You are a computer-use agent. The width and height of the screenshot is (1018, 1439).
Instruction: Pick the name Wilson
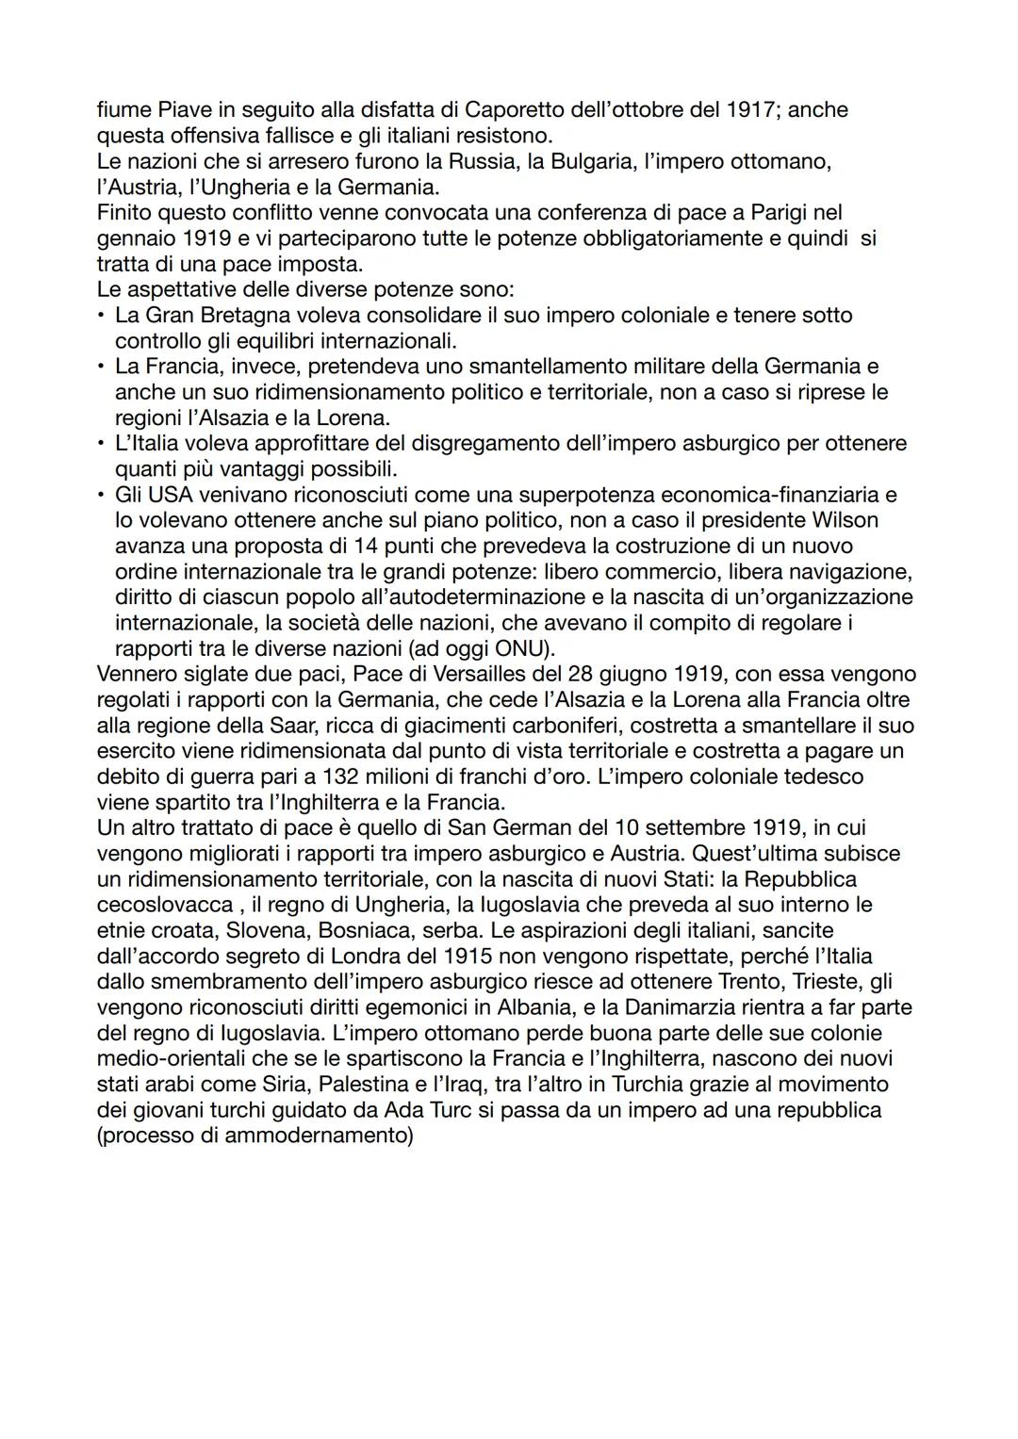[x=842, y=520]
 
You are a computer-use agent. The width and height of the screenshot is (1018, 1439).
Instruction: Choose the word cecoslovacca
[x=164, y=905]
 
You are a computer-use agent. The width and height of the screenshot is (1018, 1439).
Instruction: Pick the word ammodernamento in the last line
[x=316, y=1135]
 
